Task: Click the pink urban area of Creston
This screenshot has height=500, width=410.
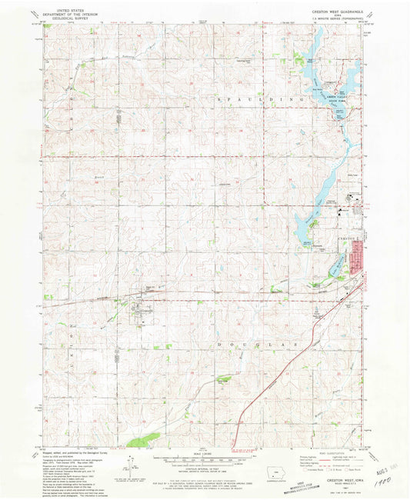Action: pos(357,258)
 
